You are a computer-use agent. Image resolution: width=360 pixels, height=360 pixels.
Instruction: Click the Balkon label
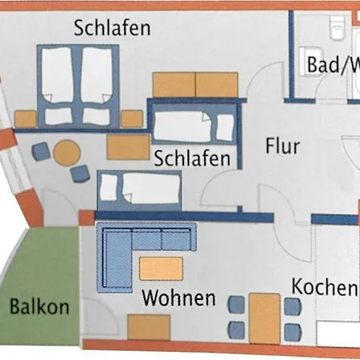click(39, 306)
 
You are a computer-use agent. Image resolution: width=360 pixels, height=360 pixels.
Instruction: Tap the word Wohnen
click(178, 298)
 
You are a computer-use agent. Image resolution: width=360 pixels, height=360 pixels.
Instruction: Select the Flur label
click(282, 146)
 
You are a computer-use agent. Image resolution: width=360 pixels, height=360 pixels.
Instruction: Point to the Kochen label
click(325, 286)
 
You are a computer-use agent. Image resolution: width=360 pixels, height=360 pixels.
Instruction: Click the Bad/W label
click(334, 65)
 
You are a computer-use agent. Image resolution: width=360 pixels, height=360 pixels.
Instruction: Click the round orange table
click(66, 153)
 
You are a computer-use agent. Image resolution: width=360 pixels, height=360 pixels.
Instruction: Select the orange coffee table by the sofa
click(162, 269)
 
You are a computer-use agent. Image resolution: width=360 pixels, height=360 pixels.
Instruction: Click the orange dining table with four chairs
click(265, 318)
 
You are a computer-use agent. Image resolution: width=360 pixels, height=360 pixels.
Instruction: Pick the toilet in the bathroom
click(337, 27)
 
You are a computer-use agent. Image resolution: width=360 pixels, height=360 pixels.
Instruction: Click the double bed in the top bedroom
click(78, 86)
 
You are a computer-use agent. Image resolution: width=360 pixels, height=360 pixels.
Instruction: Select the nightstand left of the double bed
click(26, 118)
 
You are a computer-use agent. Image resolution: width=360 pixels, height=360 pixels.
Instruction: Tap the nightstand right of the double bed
click(132, 118)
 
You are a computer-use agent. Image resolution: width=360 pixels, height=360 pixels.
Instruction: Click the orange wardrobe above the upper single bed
click(195, 85)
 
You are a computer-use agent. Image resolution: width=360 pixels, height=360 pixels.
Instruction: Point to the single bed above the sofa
click(139, 190)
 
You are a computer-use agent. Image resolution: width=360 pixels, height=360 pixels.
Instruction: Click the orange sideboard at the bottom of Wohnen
click(149, 327)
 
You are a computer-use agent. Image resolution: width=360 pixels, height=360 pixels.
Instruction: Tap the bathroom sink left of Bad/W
click(310, 62)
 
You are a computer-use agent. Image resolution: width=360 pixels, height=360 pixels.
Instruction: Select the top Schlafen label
click(112, 28)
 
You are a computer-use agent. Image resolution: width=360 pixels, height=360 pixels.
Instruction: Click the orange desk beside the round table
click(128, 147)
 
